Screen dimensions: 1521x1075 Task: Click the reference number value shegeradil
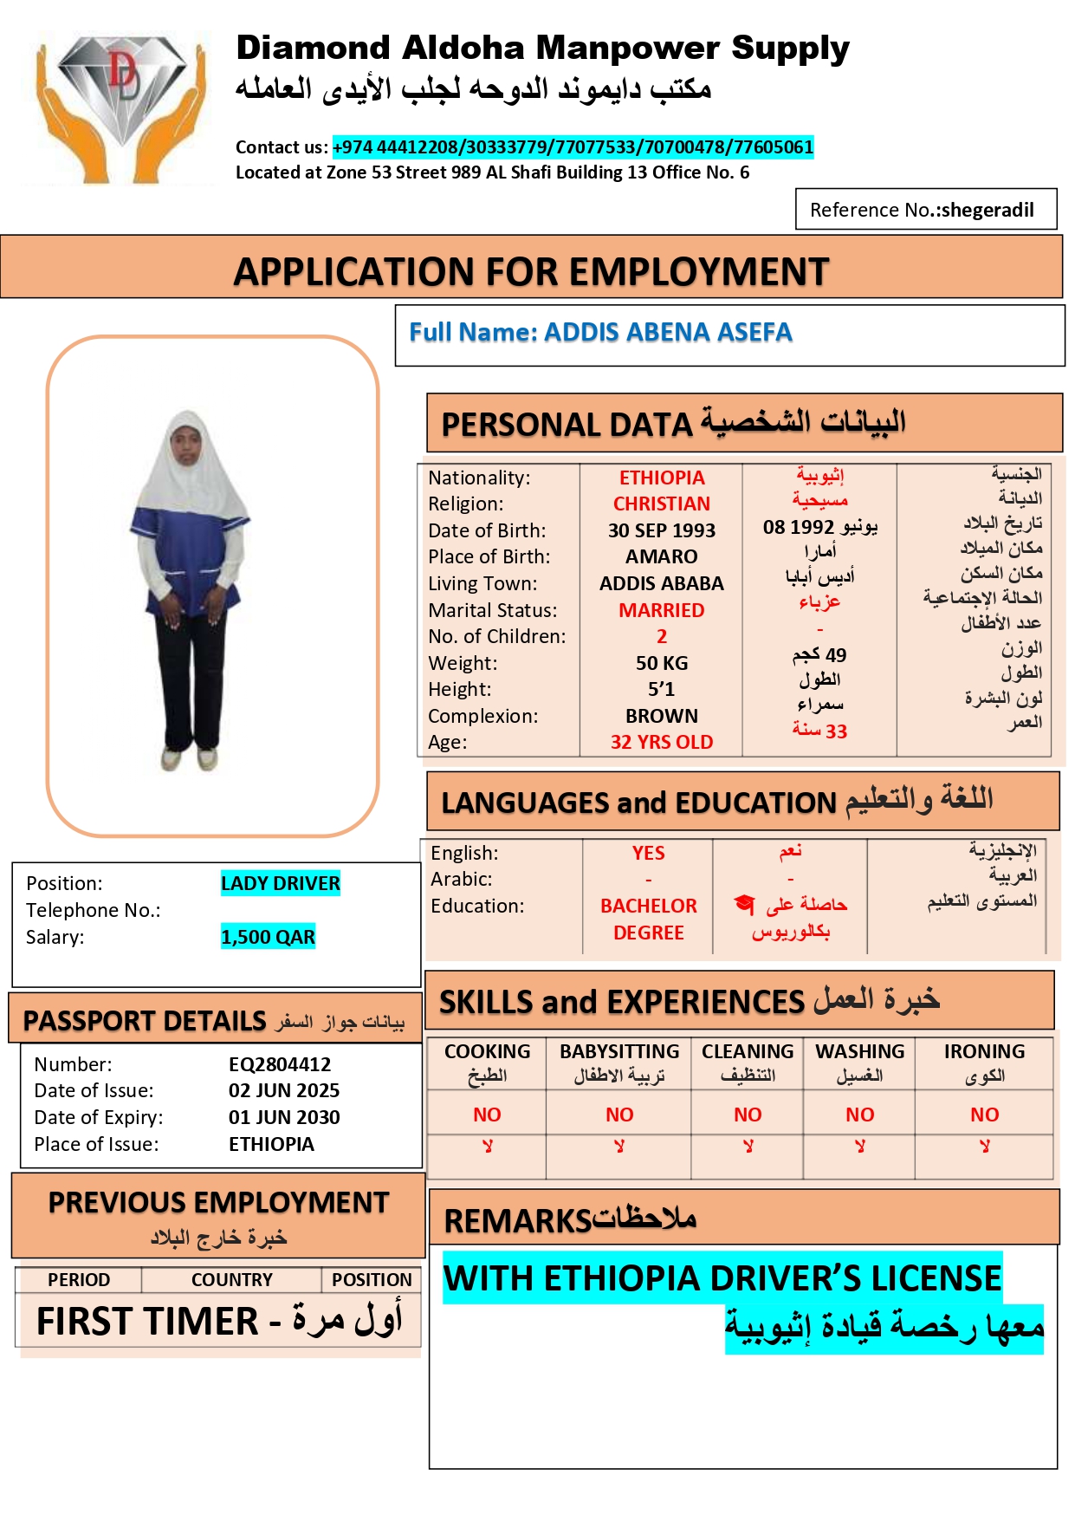[988, 210]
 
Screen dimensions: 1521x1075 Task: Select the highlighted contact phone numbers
[573, 147]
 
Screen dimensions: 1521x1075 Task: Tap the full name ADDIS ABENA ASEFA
[668, 332]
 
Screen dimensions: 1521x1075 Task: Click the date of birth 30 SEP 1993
[662, 530]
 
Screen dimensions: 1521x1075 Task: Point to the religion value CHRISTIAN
[662, 504]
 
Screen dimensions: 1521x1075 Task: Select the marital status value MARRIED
[662, 610]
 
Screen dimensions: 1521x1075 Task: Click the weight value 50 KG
[662, 663]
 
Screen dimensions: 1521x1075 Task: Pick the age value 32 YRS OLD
[662, 742]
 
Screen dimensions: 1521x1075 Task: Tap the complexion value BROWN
[662, 716]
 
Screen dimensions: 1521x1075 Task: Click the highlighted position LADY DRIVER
[280, 883]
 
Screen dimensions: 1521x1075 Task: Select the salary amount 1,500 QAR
[268, 937]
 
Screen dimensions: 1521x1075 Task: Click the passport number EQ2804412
[280, 1064]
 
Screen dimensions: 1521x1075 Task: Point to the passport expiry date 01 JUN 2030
[284, 1117]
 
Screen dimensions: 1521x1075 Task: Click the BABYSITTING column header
[619, 1051]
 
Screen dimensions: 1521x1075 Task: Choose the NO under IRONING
[984, 1115]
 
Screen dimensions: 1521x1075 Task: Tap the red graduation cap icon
[744, 904]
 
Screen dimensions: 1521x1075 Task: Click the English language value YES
[648, 853]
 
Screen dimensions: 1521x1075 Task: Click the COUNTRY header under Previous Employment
[231, 1279]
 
